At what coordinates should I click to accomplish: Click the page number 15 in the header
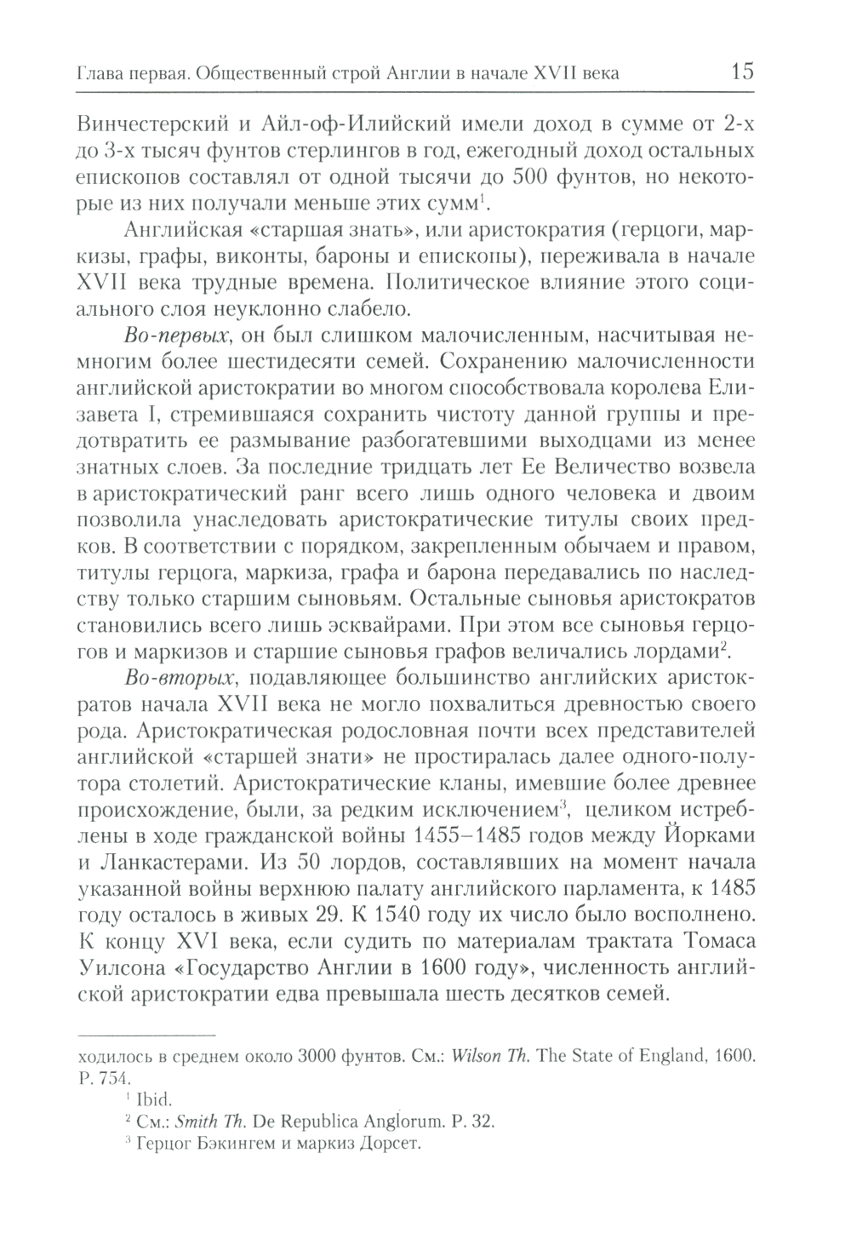pyautogui.click(x=742, y=72)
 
